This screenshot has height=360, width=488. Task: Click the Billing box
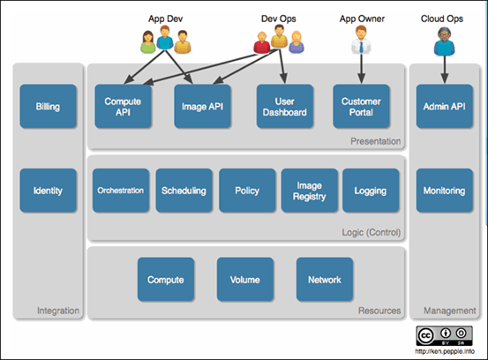click(49, 105)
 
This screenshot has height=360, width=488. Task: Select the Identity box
click(49, 190)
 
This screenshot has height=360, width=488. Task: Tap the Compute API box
click(124, 106)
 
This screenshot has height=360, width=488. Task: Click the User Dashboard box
click(284, 106)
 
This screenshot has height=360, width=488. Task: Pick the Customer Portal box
click(361, 106)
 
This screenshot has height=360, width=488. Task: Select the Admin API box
click(445, 106)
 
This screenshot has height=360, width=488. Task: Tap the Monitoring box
click(445, 190)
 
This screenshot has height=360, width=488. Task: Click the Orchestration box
click(121, 190)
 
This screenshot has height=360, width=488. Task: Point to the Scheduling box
click(184, 190)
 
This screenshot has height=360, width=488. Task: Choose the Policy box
click(247, 190)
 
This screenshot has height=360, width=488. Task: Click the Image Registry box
click(309, 190)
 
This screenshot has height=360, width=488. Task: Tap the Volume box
click(244, 280)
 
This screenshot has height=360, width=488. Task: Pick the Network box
click(325, 280)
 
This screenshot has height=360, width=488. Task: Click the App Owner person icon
click(361, 40)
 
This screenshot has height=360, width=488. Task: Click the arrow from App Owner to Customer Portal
click(361, 69)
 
